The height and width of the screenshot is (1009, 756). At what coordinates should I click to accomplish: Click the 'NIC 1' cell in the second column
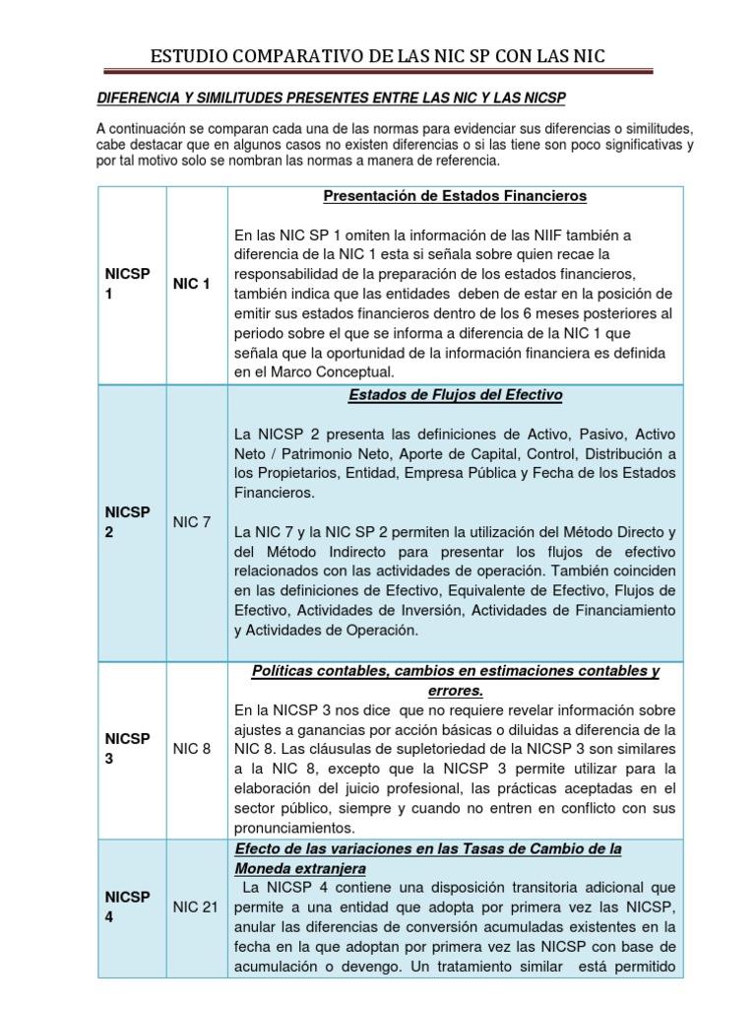(x=192, y=284)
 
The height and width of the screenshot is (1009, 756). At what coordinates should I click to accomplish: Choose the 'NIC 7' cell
(x=192, y=521)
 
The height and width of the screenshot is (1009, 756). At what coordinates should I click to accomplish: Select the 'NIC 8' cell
(x=192, y=748)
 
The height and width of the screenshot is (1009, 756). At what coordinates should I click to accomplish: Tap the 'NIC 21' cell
(x=195, y=907)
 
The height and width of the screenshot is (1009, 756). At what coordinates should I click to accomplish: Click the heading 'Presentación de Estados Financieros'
(x=455, y=196)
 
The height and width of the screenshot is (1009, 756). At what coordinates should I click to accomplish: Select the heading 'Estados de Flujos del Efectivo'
(x=455, y=395)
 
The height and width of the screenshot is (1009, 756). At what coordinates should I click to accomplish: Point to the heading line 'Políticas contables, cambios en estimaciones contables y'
(x=455, y=671)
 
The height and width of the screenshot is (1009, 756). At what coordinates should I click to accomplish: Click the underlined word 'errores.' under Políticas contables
(x=455, y=691)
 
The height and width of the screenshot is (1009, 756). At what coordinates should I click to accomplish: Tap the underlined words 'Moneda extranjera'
(x=300, y=868)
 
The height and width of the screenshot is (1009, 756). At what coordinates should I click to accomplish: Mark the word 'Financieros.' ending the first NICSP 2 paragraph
(x=276, y=492)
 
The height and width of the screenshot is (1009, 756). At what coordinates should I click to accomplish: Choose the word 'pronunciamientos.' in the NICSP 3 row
(x=293, y=828)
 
